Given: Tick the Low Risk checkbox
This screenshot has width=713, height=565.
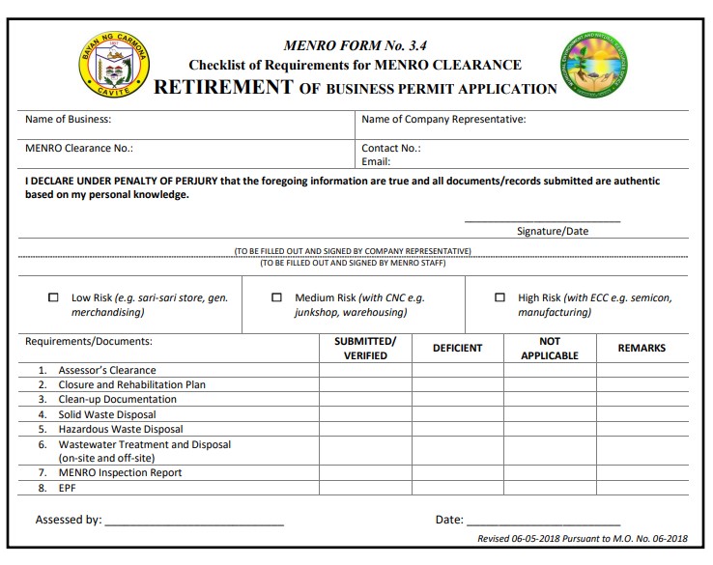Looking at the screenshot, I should [x=53, y=297].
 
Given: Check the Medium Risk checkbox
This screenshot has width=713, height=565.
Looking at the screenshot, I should [x=277, y=297].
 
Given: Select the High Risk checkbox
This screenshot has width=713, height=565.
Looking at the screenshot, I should [x=499, y=297].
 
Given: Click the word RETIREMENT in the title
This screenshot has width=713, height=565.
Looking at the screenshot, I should [x=223, y=87].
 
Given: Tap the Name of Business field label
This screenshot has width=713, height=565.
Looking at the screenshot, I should [x=68, y=120].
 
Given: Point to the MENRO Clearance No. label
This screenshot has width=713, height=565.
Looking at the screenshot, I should [x=78, y=149].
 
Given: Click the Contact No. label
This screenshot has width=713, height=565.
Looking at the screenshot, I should [x=390, y=149].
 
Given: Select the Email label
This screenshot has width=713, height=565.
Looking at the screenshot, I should [x=376, y=161].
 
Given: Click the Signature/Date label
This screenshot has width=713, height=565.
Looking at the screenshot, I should [x=552, y=231].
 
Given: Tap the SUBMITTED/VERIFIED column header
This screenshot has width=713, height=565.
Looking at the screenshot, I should [x=365, y=348].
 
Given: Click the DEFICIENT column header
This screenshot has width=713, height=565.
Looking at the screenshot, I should [x=457, y=348].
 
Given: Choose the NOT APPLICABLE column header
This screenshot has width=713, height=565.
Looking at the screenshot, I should [x=549, y=348].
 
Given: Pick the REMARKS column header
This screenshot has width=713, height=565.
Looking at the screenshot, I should [x=642, y=348].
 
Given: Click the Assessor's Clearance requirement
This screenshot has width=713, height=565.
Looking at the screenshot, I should [x=106, y=370].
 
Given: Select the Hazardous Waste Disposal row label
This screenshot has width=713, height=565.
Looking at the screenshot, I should [x=120, y=429].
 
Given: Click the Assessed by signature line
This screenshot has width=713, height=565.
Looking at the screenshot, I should [x=193, y=522].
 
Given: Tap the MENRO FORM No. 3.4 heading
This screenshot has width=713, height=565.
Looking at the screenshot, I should [x=355, y=44].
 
